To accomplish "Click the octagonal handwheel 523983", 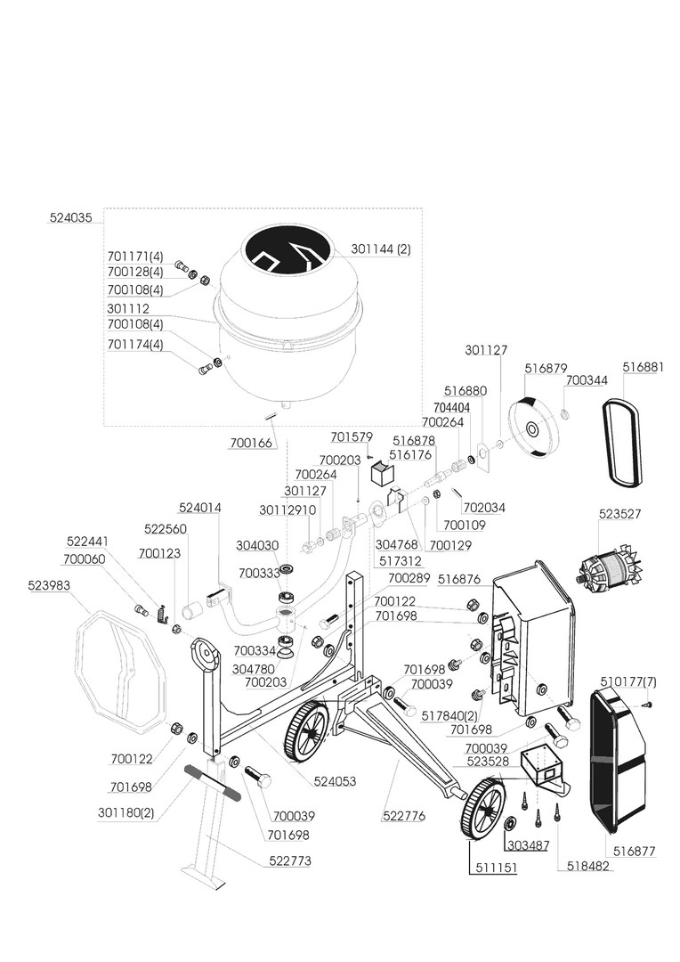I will pos(119,664).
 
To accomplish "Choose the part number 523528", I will pos(488,762).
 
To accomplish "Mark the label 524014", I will pos(200,508).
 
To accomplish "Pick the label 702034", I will pos(484,508).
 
